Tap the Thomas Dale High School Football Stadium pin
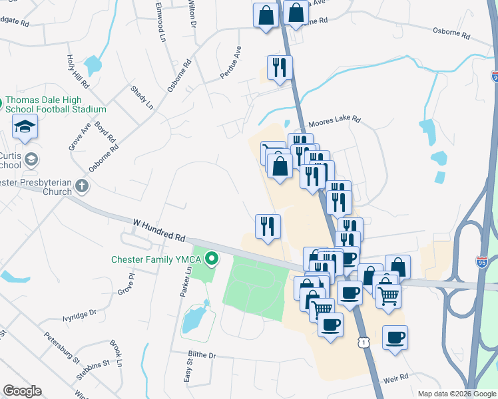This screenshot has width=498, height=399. [x=2, y=104]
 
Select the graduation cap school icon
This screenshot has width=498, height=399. [x=25, y=126]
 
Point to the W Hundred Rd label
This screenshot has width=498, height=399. [x=158, y=229]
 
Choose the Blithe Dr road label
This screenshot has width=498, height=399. [x=202, y=355]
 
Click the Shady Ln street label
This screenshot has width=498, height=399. [x=142, y=97]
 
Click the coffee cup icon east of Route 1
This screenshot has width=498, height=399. [x=395, y=337]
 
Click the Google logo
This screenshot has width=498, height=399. [x=22, y=390]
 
